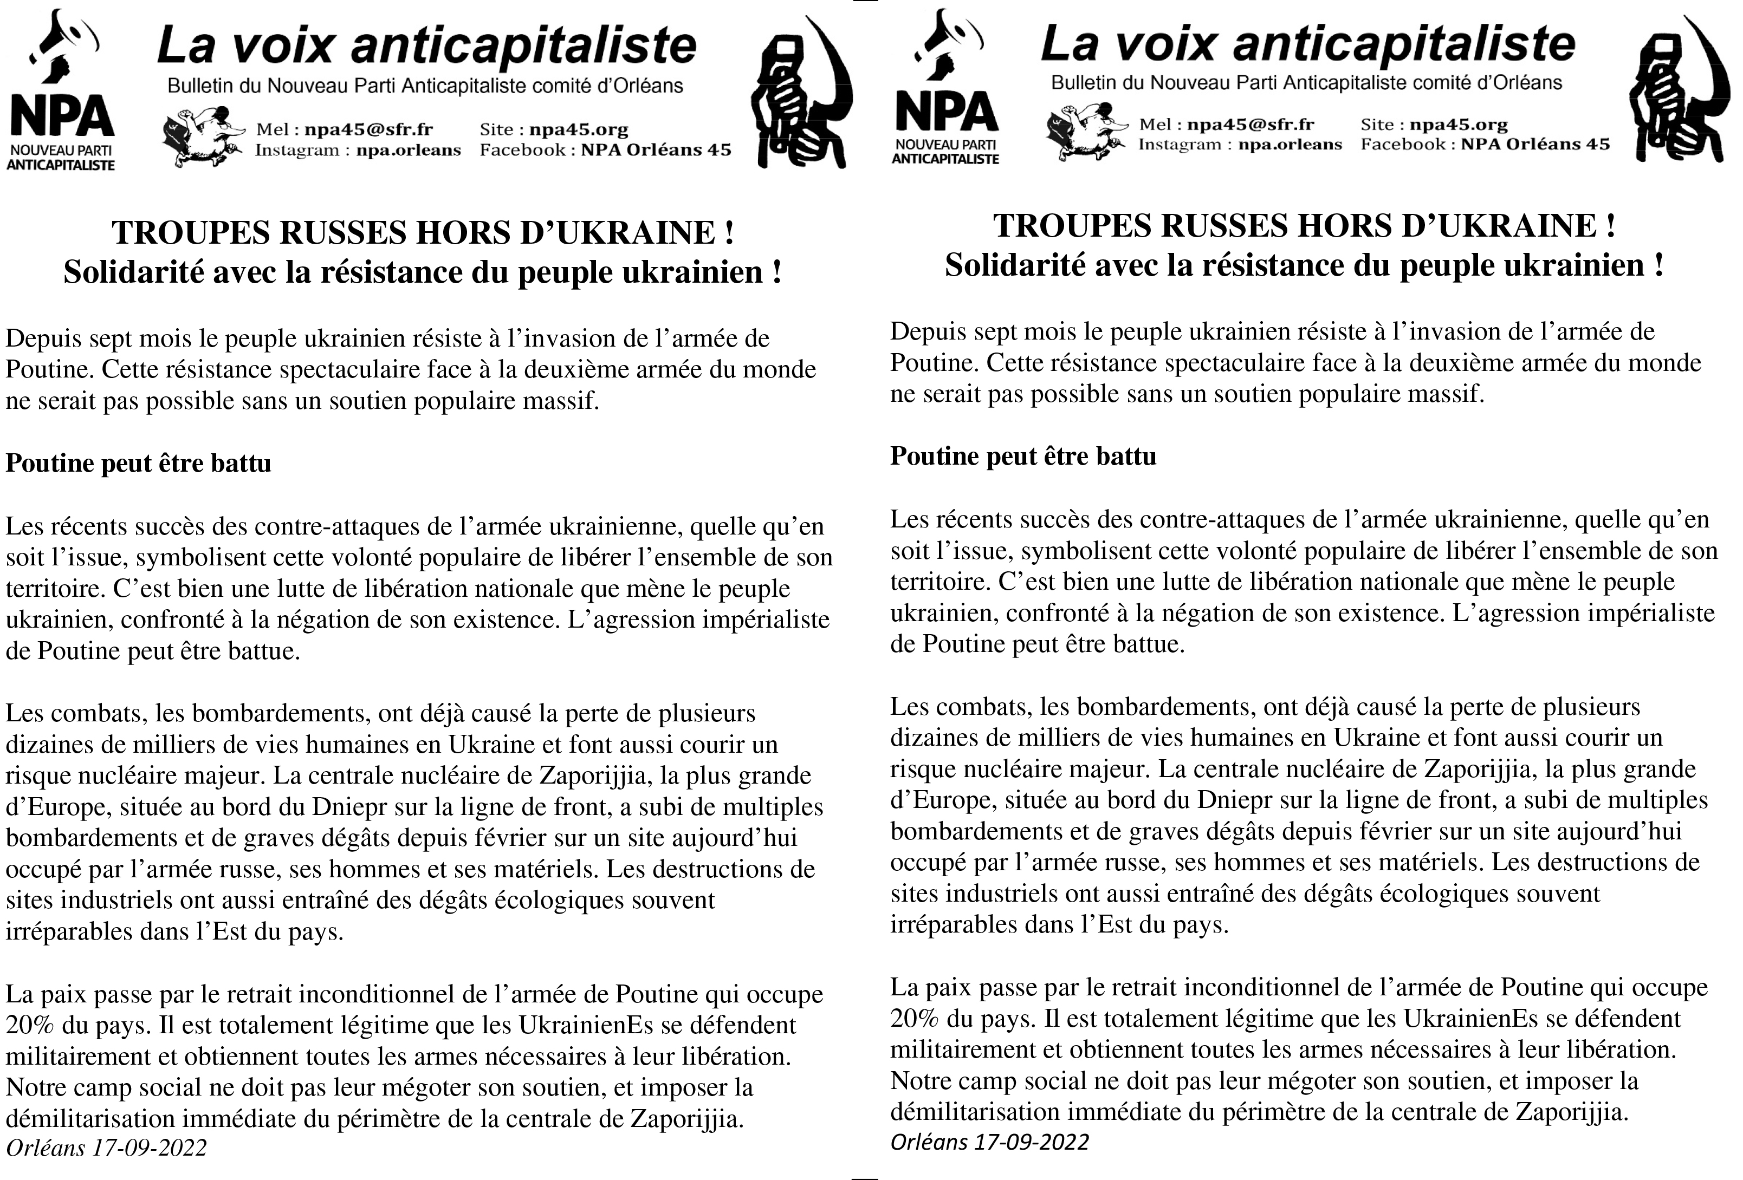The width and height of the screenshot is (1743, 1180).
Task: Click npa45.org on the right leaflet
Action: click(x=1458, y=125)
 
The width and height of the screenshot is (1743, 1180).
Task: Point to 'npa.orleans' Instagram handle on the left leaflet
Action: click(x=408, y=150)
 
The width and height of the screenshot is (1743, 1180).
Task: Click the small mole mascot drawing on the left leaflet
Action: click(x=203, y=137)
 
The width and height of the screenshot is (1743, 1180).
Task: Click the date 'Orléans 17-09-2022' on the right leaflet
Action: click(x=989, y=1142)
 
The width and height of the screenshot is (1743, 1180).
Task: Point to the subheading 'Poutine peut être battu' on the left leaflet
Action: click(x=138, y=464)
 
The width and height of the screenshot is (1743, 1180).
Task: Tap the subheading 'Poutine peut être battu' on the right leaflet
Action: click(x=1023, y=457)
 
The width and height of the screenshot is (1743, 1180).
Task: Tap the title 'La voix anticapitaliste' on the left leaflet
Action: click(x=426, y=45)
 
